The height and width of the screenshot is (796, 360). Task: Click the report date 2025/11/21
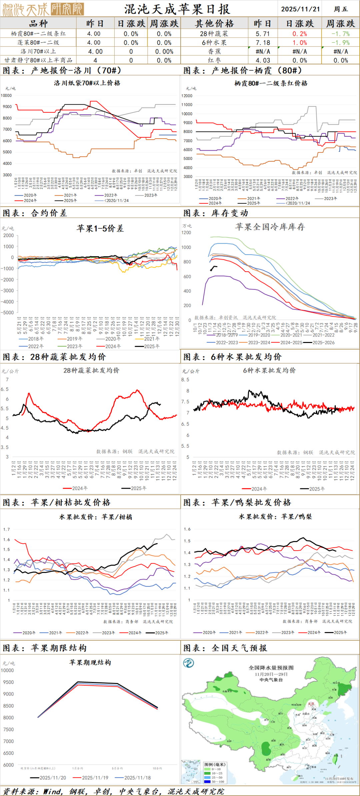tap(300, 9)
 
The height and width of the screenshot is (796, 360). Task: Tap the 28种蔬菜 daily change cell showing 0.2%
tap(300, 34)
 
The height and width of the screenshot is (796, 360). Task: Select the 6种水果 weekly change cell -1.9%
tap(341, 43)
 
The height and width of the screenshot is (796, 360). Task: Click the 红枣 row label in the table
tap(214, 60)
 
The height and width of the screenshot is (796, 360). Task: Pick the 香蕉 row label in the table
tap(214, 51)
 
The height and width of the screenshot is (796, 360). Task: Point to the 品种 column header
tap(38, 24)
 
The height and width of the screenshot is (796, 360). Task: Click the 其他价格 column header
tap(214, 24)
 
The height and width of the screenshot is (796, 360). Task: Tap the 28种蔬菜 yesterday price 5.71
tap(262, 34)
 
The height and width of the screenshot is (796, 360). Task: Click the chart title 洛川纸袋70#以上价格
tap(87, 83)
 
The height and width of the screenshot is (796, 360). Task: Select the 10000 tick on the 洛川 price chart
tap(6, 95)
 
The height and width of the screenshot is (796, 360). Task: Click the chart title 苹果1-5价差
tap(100, 228)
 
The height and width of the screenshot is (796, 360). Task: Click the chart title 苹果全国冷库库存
tap(270, 227)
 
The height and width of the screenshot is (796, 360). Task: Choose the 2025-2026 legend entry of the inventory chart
tap(323, 342)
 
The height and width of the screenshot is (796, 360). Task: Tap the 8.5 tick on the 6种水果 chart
tap(185, 380)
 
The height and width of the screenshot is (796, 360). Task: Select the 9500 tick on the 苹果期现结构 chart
tap(9, 682)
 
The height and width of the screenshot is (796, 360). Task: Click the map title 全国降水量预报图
tap(271, 668)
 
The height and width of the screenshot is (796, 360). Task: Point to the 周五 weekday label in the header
tap(341, 9)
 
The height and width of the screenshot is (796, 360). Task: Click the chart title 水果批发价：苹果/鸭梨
tap(275, 517)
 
